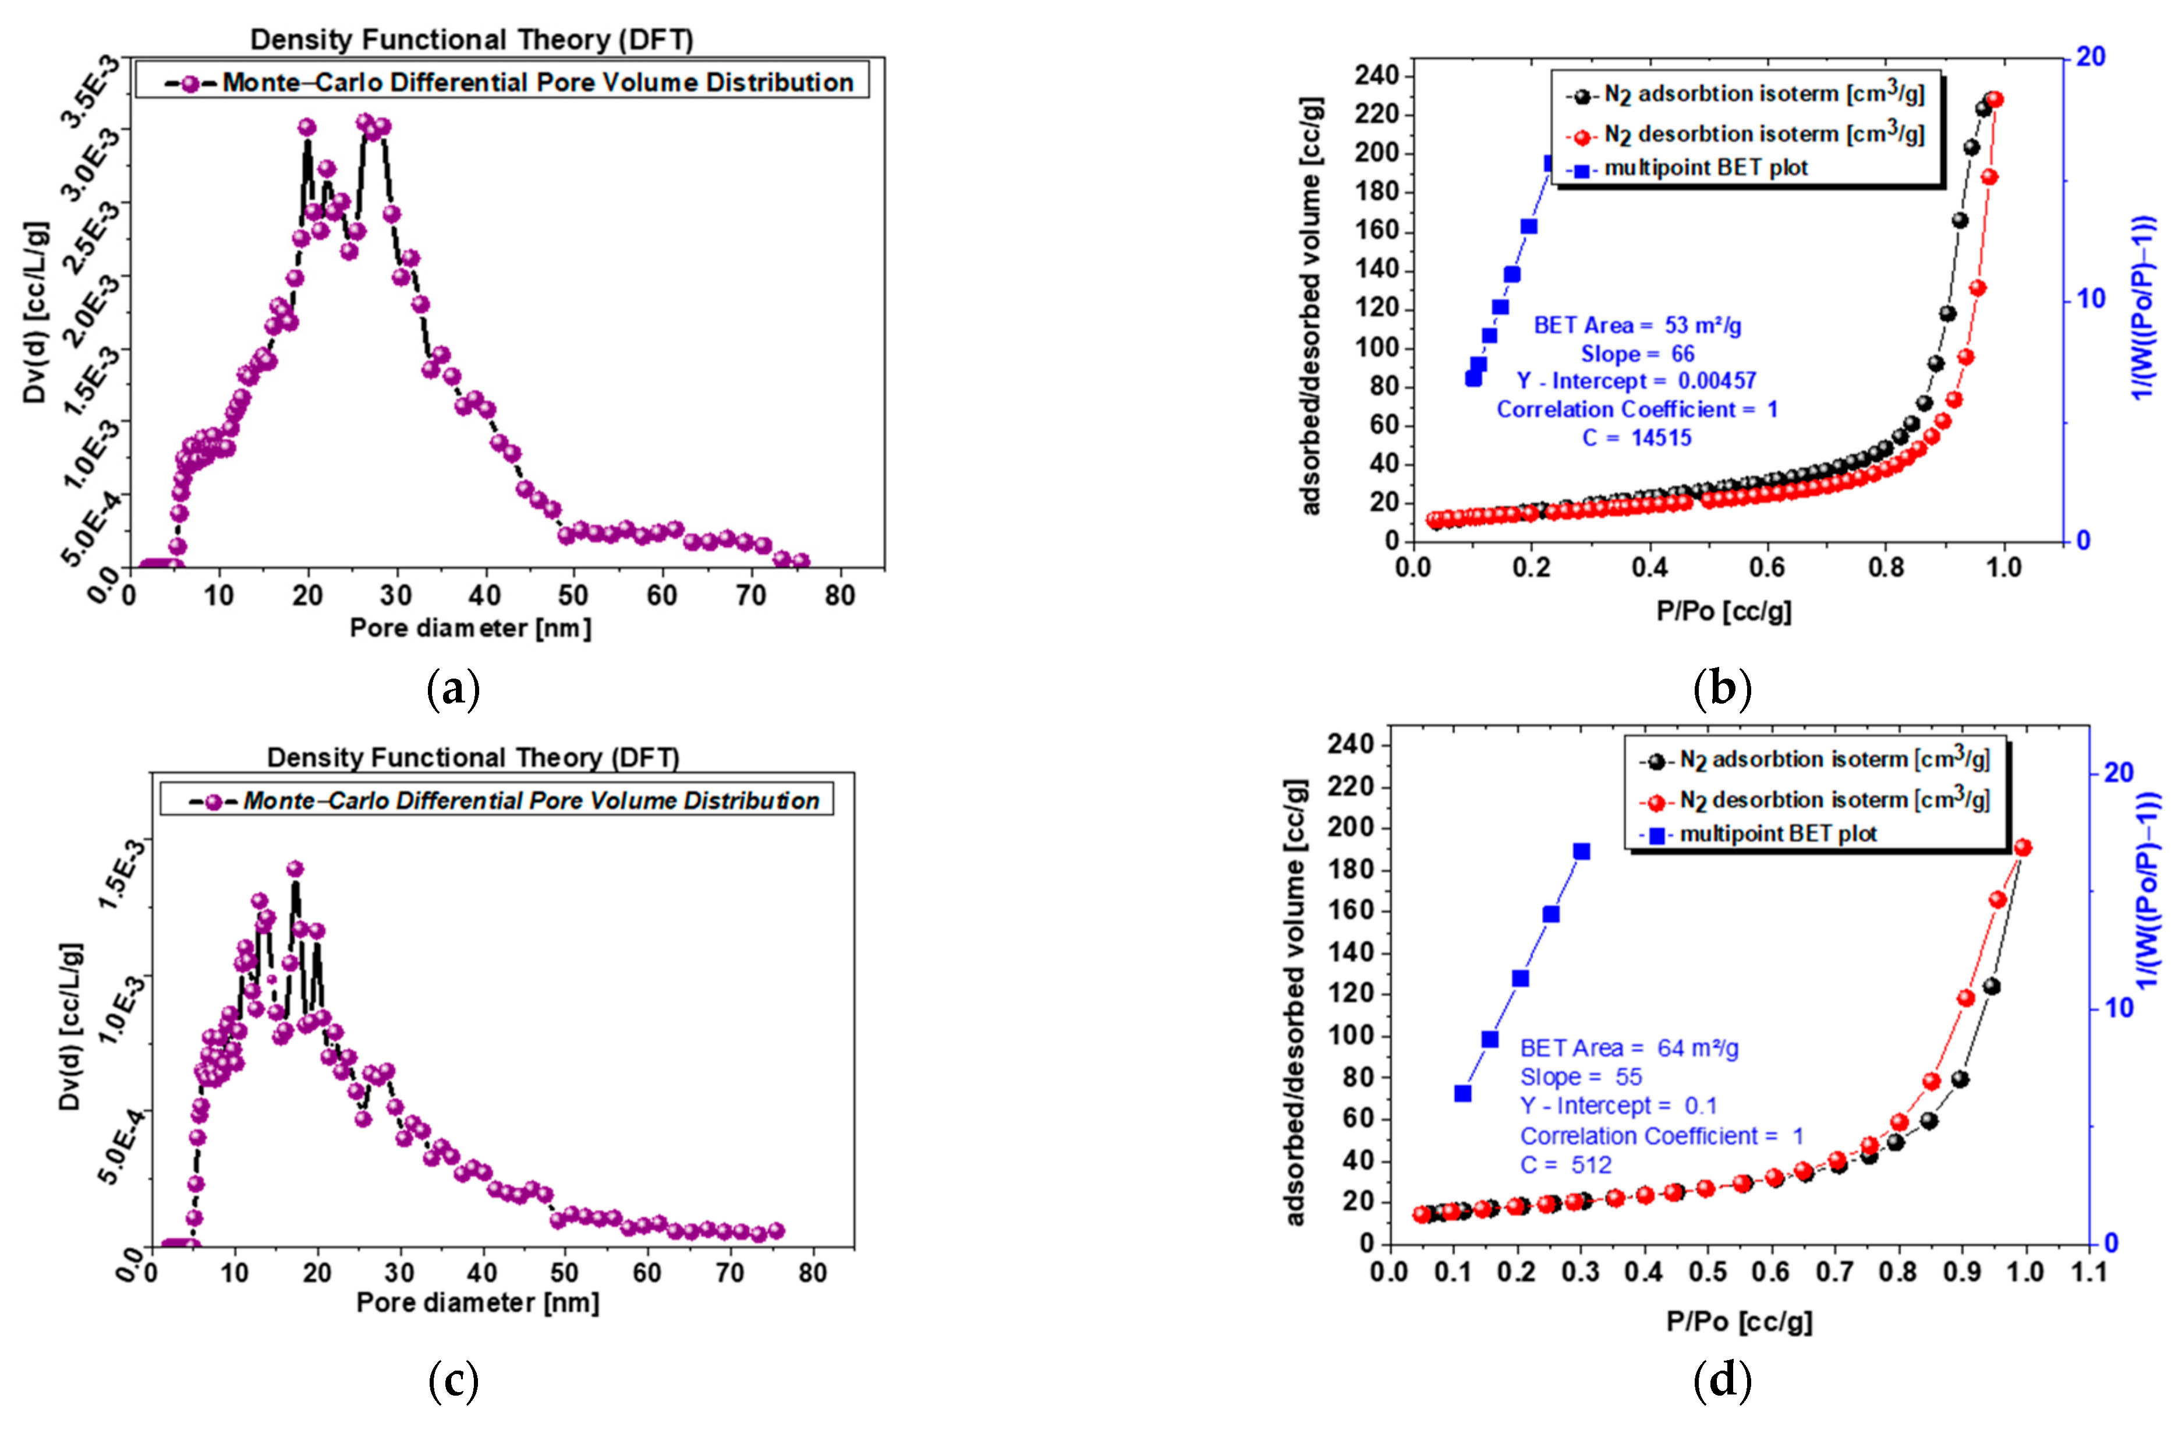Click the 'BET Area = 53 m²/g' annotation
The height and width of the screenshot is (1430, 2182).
(x=1638, y=326)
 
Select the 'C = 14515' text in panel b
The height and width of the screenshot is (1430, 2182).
(x=1638, y=437)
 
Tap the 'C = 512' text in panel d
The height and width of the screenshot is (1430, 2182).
(x=1566, y=1165)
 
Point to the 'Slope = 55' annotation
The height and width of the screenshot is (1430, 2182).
(x=1581, y=1077)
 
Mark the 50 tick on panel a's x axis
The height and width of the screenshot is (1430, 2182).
(x=573, y=596)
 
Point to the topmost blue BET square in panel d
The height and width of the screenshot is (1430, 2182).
(x=1582, y=851)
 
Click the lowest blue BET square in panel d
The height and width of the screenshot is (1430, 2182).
(x=1462, y=1093)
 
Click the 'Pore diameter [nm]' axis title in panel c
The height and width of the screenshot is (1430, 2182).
(x=477, y=1302)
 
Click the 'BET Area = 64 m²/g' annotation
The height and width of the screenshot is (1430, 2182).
(x=1629, y=1047)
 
